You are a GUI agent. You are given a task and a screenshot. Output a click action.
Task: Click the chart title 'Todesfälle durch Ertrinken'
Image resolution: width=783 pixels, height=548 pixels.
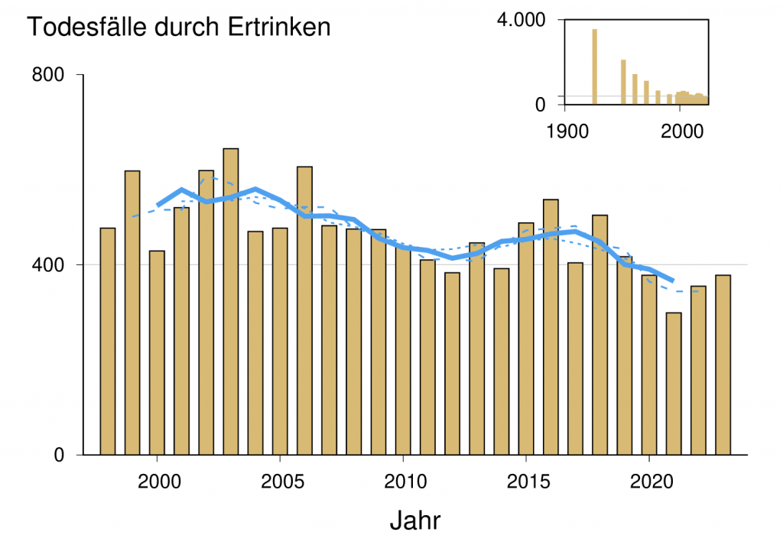click(179, 27)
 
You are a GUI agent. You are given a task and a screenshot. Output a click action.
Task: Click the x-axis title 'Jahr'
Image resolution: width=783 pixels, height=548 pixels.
click(414, 520)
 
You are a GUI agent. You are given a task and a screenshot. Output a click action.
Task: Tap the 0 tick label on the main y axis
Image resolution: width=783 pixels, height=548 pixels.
click(58, 455)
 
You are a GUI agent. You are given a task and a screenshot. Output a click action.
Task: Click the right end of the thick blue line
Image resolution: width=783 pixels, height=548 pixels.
click(673, 281)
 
